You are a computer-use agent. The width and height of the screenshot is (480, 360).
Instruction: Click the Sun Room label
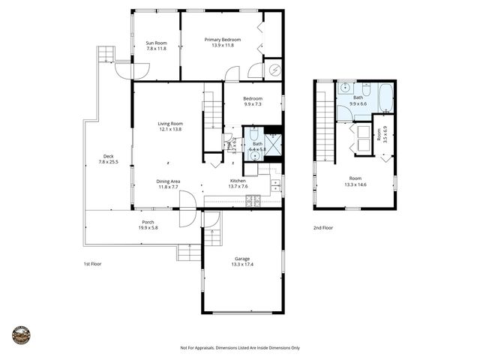[x=155, y=43]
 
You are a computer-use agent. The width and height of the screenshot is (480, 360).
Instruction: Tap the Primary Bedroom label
[x=223, y=39]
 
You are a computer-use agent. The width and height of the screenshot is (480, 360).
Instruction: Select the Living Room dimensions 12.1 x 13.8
[x=169, y=130]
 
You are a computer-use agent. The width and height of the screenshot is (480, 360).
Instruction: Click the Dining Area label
[x=168, y=181]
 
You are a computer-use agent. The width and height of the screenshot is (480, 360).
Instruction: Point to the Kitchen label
[x=238, y=181]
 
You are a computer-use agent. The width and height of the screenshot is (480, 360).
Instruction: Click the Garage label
[x=241, y=259]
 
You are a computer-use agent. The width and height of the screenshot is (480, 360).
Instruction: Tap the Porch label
[x=148, y=222]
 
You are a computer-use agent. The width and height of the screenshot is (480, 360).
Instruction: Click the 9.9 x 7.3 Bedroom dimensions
[x=253, y=104]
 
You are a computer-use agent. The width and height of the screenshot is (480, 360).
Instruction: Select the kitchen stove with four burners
[x=253, y=199]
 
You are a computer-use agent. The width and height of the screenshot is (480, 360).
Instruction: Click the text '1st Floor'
[x=92, y=264]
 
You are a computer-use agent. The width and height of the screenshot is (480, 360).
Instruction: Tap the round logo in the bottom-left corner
[x=22, y=334]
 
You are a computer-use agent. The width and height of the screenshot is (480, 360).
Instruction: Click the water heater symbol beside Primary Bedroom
[x=274, y=70]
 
